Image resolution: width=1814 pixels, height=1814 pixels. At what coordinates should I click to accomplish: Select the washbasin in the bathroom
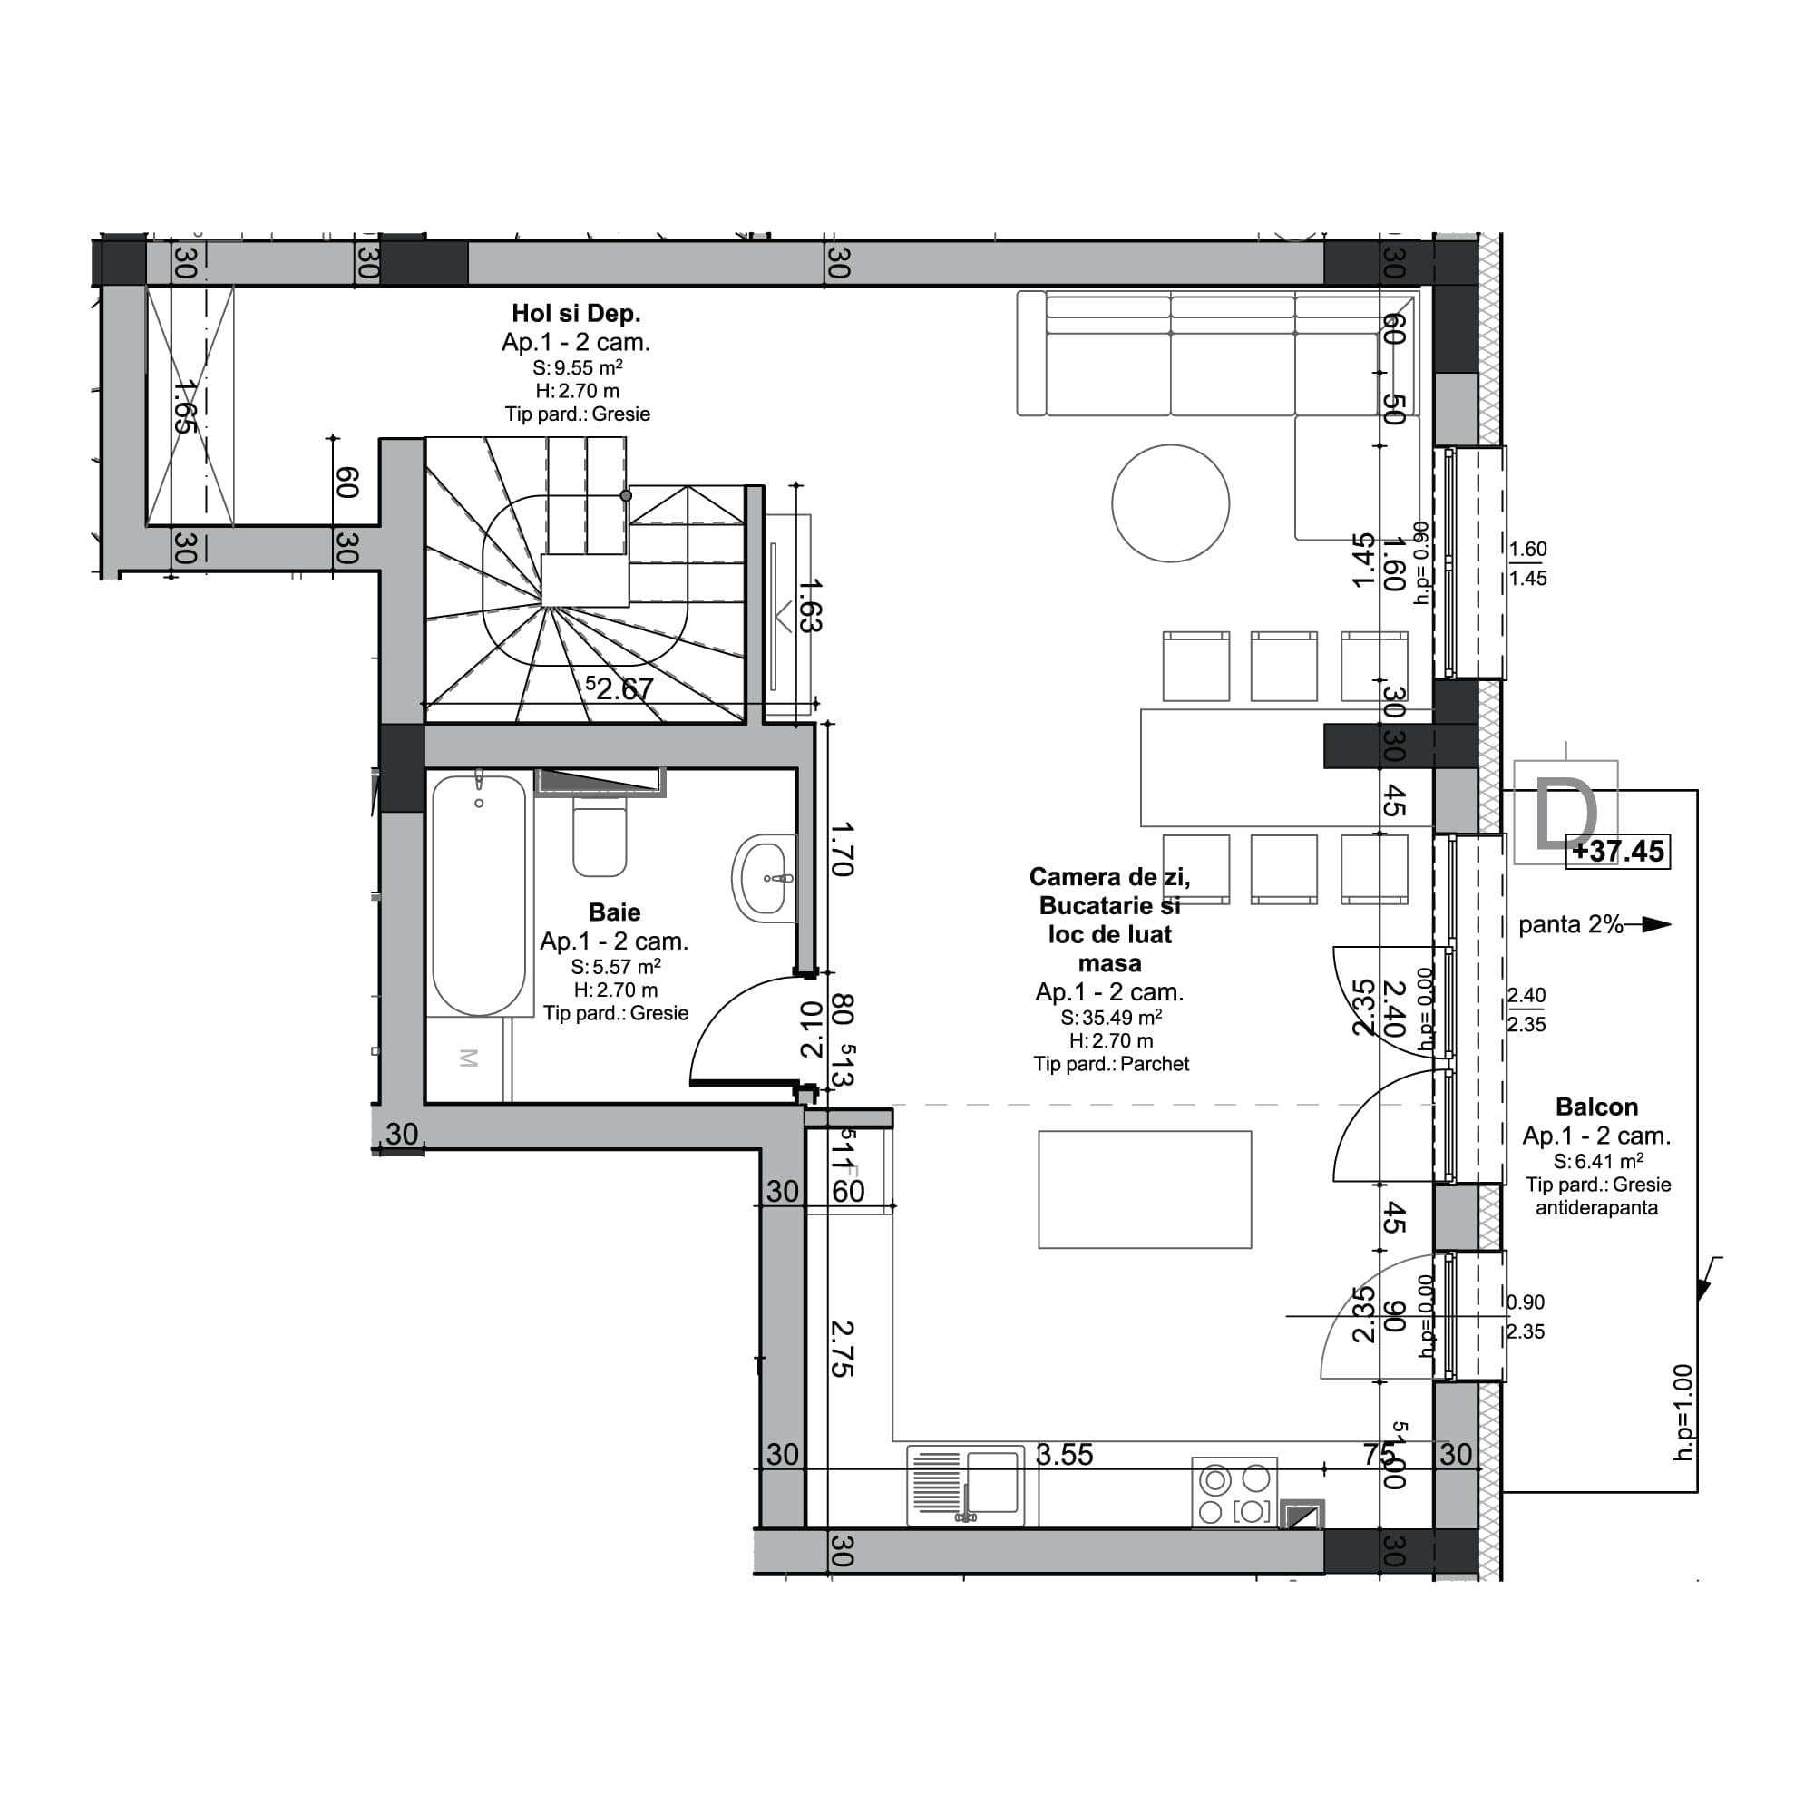click(765, 877)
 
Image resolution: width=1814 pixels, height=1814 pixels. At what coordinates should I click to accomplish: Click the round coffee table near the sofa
click(1170, 503)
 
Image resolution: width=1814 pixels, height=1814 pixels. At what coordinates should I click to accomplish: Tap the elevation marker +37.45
click(1618, 852)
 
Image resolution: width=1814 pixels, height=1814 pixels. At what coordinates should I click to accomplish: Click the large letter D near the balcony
click(1565, 817)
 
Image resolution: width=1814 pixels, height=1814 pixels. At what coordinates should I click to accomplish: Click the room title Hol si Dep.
click(576, 314)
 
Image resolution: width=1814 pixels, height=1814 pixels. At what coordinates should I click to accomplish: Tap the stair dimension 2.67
click(623, 689)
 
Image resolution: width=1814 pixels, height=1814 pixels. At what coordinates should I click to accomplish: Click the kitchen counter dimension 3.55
click(1064, 1455)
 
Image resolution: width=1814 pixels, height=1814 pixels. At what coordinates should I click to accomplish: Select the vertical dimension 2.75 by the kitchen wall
click(843, 1350)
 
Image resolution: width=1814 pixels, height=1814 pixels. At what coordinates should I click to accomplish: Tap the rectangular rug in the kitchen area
click(1145, 1190)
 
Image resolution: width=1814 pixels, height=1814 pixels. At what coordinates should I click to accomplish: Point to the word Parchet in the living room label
click(1154, 1064)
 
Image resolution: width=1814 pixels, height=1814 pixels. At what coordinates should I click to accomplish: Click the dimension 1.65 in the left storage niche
click(185, 405)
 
